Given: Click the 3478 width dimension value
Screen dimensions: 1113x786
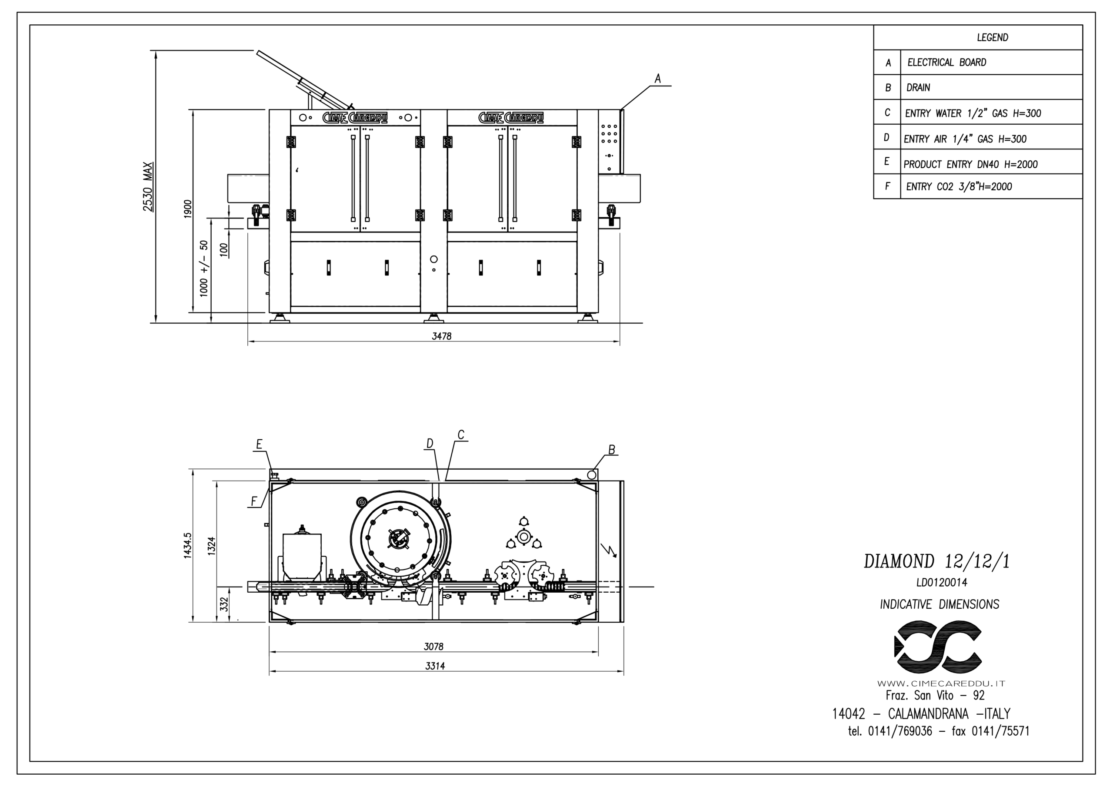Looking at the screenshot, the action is (x=442, y=336).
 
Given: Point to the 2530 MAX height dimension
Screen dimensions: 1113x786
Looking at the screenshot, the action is (x=148, y=186).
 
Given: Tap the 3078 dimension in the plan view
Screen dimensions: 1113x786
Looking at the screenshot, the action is (x=434, y=647).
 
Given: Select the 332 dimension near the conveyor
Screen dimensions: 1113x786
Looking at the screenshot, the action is (x=224, y=604).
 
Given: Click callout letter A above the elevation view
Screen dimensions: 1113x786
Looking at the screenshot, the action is (x=658, y=79).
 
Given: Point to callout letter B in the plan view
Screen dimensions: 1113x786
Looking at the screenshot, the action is (x=612, y=450).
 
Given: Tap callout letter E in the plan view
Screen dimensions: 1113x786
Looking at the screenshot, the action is (x=260, y=444).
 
